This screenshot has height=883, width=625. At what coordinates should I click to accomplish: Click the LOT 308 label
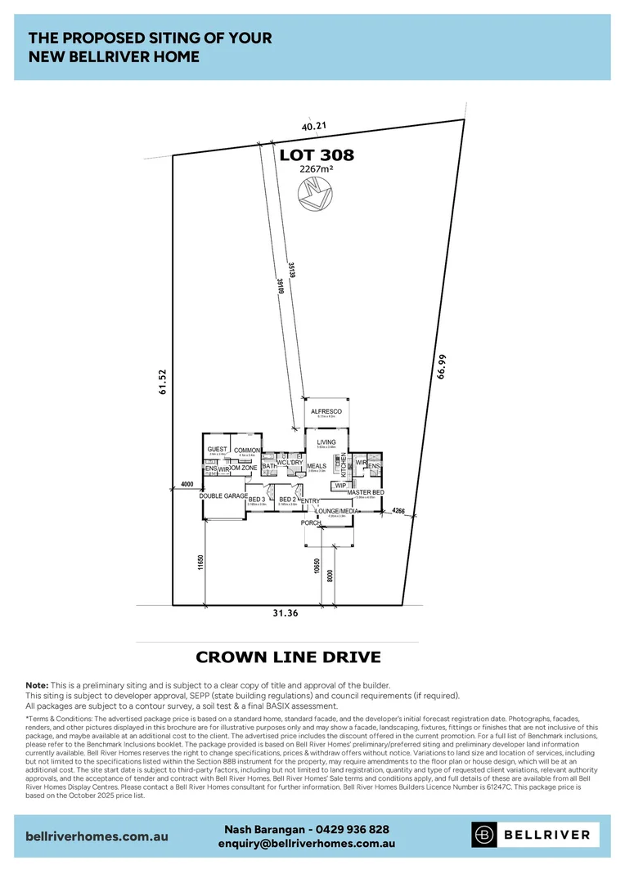317,155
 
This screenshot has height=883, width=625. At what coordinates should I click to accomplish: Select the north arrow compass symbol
316,193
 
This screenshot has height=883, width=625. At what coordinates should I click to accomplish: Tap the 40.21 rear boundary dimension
313,127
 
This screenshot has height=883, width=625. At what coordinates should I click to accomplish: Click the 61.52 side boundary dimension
162,383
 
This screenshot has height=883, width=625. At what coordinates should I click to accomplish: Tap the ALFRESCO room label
326,411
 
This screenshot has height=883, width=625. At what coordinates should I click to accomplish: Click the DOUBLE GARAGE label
223,496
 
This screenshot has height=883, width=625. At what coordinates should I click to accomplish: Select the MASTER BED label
366,492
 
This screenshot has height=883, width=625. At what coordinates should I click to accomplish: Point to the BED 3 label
257,499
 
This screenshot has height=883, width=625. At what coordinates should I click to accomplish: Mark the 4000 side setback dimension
187,484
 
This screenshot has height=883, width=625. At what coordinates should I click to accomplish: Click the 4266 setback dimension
398,511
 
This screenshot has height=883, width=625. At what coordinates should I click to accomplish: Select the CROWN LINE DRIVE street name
289,657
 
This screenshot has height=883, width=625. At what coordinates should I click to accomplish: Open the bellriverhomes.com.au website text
97,837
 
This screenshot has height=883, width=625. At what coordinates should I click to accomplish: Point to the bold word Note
37,684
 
